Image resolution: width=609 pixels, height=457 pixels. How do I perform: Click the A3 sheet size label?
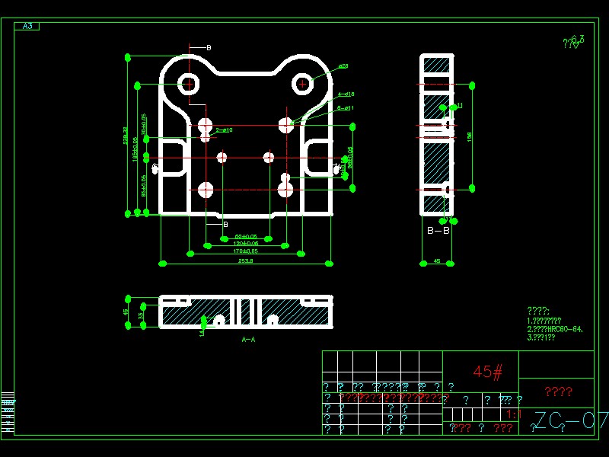tap(27, 27)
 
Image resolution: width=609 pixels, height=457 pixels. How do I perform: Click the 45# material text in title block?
tap(488, 372)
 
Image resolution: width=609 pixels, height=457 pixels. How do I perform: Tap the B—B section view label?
tap(438, 229)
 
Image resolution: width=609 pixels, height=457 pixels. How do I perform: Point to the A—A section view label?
tap(248, 339)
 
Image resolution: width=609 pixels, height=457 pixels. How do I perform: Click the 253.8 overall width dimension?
tap(246, 260)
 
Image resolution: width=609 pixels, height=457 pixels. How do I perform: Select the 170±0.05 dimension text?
tap(245, 251)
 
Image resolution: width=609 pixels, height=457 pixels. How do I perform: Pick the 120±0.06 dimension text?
tap(246, 243)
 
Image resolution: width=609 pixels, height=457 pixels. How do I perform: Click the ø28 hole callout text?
tap(343, 66)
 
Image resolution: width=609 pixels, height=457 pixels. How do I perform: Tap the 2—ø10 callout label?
tap(225, 130)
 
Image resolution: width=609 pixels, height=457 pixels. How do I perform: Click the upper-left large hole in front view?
tap(188, 83)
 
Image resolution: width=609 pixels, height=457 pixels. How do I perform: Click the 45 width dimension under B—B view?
tap(437, 260)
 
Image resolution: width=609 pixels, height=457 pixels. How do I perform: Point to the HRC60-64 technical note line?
tap(556, 329)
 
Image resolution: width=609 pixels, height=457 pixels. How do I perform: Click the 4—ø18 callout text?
tap(346, 94)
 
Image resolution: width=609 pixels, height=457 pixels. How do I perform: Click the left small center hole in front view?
tap(222, 158)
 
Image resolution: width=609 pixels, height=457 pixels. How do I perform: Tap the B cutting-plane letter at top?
tap(209, 47)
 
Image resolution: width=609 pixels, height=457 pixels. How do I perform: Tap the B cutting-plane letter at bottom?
tap(225, 225)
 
